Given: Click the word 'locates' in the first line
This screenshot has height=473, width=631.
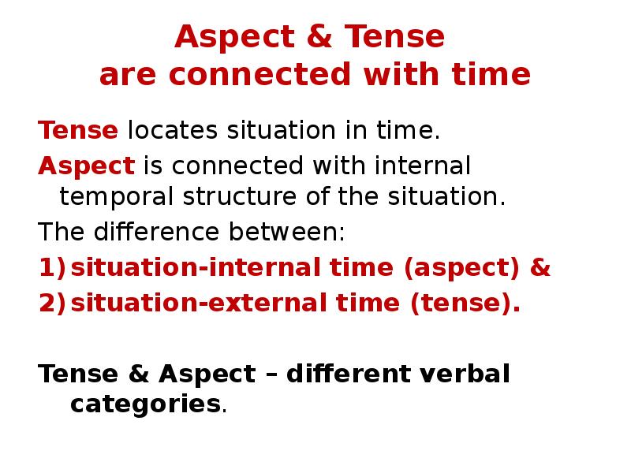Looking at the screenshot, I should tap(173, 130).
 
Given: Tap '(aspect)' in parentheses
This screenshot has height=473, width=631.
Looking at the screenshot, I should tap(461, 268).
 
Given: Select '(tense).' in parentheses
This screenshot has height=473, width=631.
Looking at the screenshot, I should tap(465, 304).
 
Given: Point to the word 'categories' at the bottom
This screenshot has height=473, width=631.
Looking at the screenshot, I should tap(144, 404).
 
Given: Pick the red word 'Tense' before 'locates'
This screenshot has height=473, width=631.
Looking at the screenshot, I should tap(78, 130).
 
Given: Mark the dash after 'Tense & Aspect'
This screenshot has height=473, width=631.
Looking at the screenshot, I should tap(271, 373).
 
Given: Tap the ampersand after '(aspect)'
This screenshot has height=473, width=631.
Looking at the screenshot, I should tap(540, 268).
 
